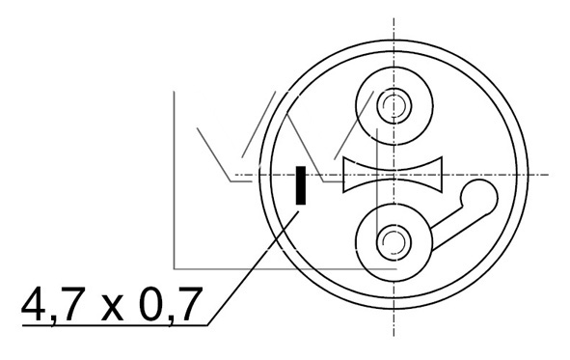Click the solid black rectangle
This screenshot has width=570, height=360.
pyautogui.click(x=301, y=185)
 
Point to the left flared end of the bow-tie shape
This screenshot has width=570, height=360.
pyautogui.click(x=344, y=175)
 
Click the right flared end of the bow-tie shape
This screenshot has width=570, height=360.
pyautogui.click(x=442, y=175)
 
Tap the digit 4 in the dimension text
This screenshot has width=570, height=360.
pyautogui.click(x=34, y=304)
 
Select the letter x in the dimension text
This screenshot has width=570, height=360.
pyautogui.click(x=112, y=309)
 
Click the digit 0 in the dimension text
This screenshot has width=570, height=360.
pyautogui.click(x=151, y=304)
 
